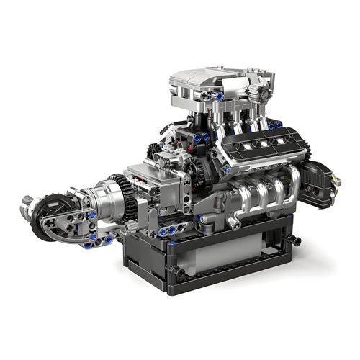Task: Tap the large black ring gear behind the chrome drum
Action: coord(130,199)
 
